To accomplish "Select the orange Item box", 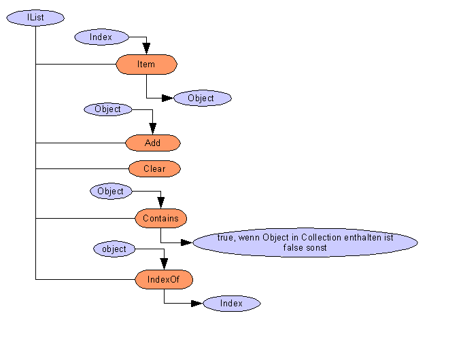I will tap(146, 65).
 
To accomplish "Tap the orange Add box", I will tap(153, 143).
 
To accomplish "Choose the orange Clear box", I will tap(154, 168).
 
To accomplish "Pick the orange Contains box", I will tap(160, 218).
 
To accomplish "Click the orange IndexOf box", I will tap(164, 278).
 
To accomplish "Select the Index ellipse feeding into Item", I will tap(101, 37).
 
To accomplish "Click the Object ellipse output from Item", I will tap(201, 98).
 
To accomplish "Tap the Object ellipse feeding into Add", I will tap(108, 109).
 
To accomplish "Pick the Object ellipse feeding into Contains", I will tap(111, 191).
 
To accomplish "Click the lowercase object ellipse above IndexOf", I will tap(114, 249).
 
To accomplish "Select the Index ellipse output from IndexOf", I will tap(231, 304).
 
